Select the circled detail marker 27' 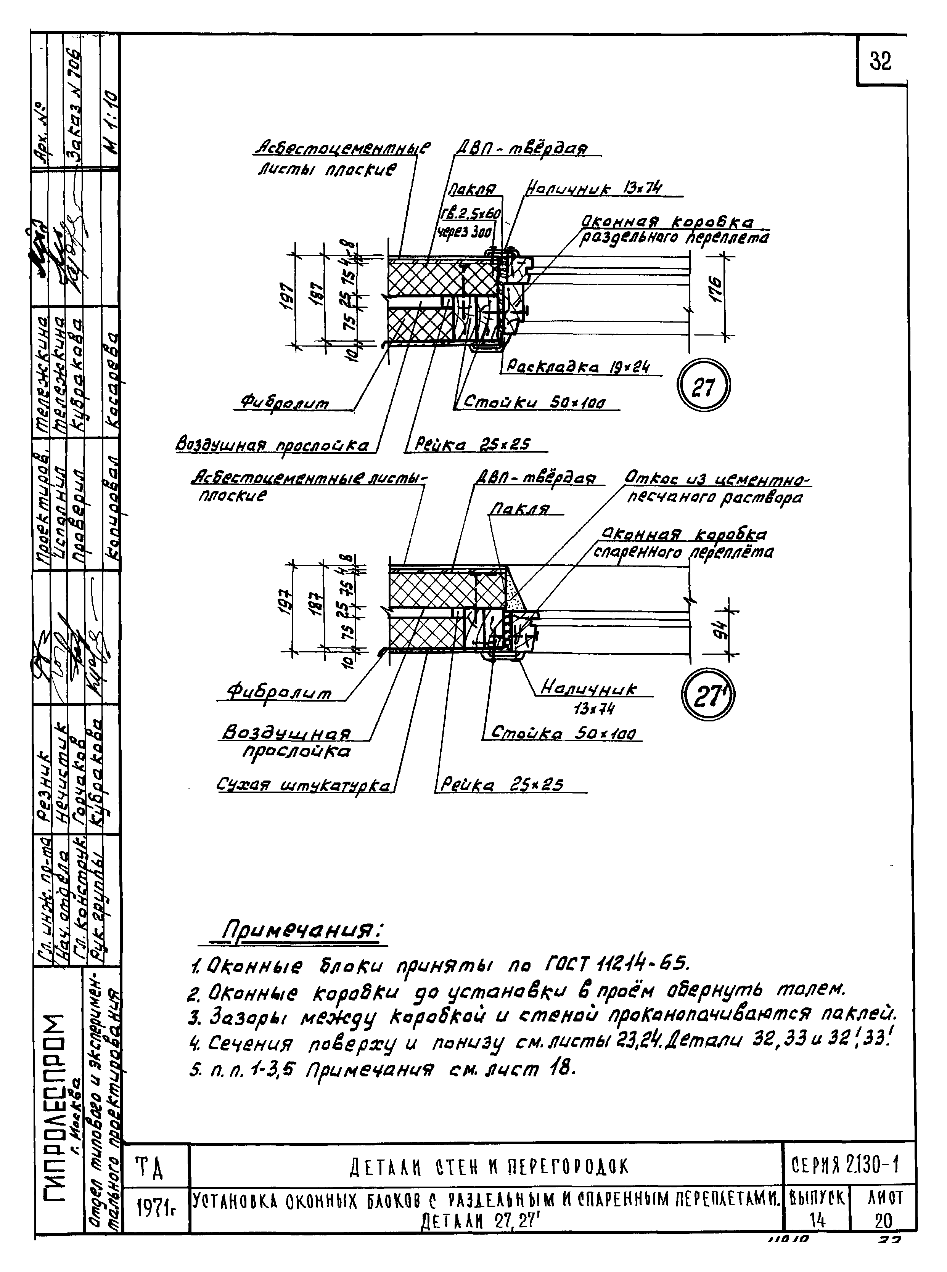[x=707, y=696]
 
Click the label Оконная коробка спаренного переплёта [x=682, y=543]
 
